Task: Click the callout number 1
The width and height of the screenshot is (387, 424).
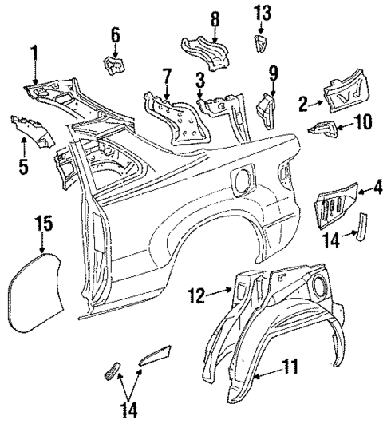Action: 34,54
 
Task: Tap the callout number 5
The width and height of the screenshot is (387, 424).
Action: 24,168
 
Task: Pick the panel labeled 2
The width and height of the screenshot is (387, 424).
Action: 346,93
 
